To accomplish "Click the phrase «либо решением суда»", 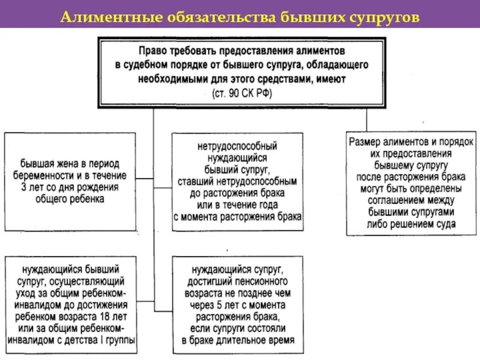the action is pyautogui.click(x=411, y=224).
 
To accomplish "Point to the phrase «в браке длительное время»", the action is pyautogui.click(x=238, y=340).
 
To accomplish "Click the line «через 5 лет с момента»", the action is pyautogui.click(x=238, y=305).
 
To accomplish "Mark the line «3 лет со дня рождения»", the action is pyautogui.click(x=70, y=187).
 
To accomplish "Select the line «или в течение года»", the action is pyautogui.click(x=237, y=204).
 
